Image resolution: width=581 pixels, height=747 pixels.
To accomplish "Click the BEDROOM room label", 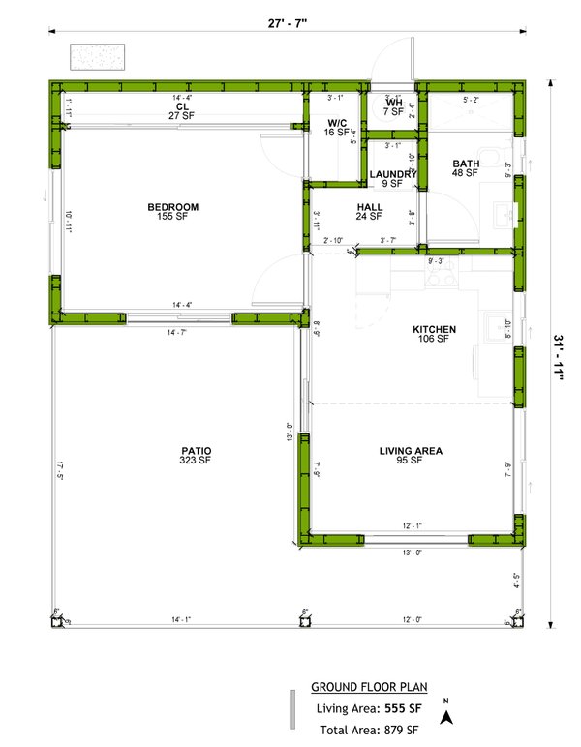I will tap(173, 207).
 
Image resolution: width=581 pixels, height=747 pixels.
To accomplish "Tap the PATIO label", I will tap(195, 451).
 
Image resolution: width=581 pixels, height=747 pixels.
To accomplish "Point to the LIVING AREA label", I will tap(411, 451).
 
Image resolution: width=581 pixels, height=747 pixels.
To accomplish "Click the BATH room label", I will tap(466, 164).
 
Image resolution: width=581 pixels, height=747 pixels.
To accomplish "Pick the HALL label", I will tap(370, 207).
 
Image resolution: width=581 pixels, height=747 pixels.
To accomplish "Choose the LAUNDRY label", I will tap(392, 174).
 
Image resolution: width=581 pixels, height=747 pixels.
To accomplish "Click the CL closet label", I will tap(181, 105).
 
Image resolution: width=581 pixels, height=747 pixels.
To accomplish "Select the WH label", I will tap(394, 102).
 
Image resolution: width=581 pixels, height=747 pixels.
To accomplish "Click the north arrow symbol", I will tap(446, 715).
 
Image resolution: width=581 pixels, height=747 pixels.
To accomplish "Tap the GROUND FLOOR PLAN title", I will tap(366, 688).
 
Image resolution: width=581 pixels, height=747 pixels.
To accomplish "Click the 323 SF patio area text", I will tap(195, 461).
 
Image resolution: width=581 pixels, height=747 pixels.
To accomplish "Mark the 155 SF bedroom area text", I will tap(173, 217).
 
